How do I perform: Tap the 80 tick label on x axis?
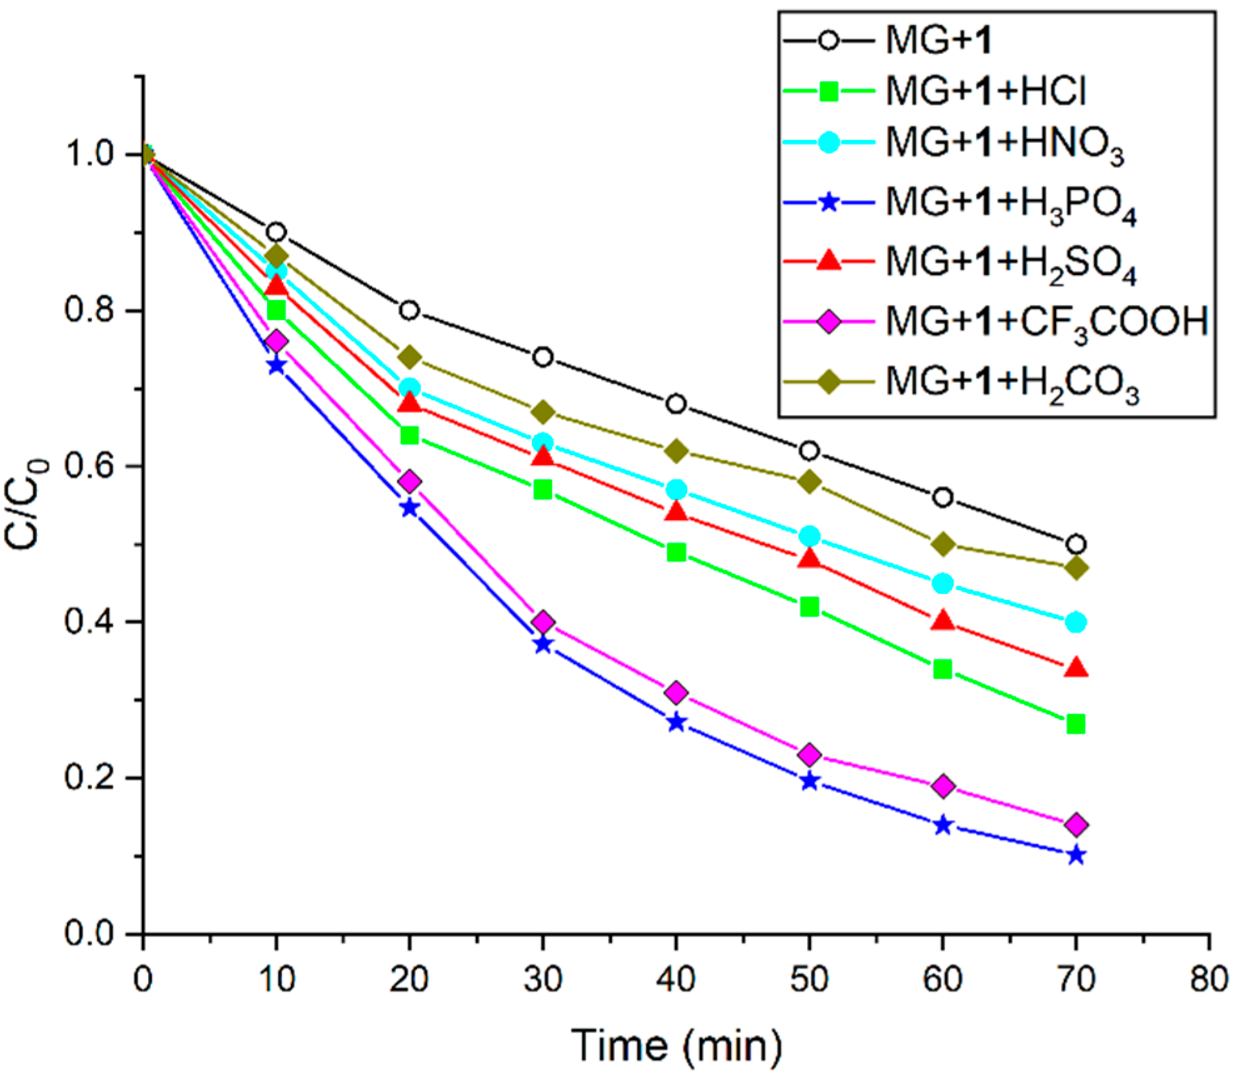[x=1208, y=979]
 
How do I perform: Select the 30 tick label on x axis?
[x=543, y=979]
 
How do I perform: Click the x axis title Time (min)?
[x=676, y=1045]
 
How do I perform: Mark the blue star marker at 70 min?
[x=1075, y=855]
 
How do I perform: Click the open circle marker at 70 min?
[x=1075, y=544]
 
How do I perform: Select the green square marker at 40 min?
[x=676, y=552]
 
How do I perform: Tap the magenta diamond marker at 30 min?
[x=543, y=622]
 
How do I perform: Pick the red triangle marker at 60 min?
[x=942, y=621]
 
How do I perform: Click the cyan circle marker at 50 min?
[x=809, y=536]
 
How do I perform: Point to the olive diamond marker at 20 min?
[x=409, y=357]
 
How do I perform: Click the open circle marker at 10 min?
[x=276, y=232]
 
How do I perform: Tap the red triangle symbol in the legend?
[x=829, y=260]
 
